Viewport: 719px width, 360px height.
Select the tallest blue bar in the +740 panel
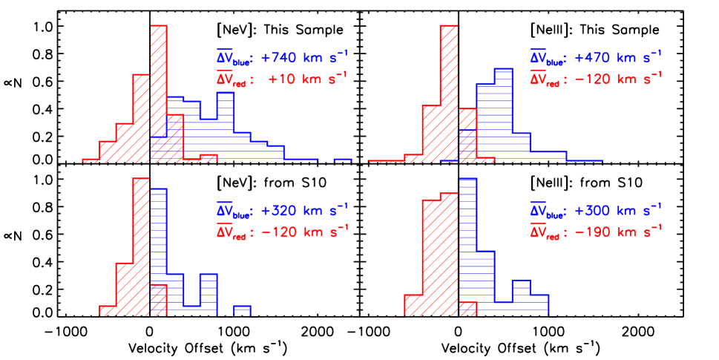226,126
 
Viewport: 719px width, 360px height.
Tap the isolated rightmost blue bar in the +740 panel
342,160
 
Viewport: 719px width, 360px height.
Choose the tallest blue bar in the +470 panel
503,111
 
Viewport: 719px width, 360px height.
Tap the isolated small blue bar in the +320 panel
242,310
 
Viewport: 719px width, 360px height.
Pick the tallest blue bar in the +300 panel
467,245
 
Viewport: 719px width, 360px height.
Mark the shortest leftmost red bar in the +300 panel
413,305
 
